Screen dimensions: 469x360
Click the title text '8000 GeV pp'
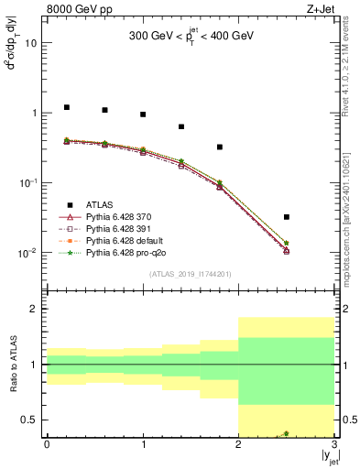[x=76, y=8]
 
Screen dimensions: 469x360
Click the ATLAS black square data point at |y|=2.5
[x=287, y=217]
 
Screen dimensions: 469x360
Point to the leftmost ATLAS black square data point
[x=66, y=107]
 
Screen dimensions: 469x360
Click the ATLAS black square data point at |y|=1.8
[x=220, y=147]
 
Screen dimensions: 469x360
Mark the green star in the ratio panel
[x=287, y=433]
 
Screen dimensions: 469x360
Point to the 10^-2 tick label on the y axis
[x=28, y=253]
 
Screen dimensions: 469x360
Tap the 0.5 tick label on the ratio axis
[x=30, y=420]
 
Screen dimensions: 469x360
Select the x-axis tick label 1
[x=143, y=446]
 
